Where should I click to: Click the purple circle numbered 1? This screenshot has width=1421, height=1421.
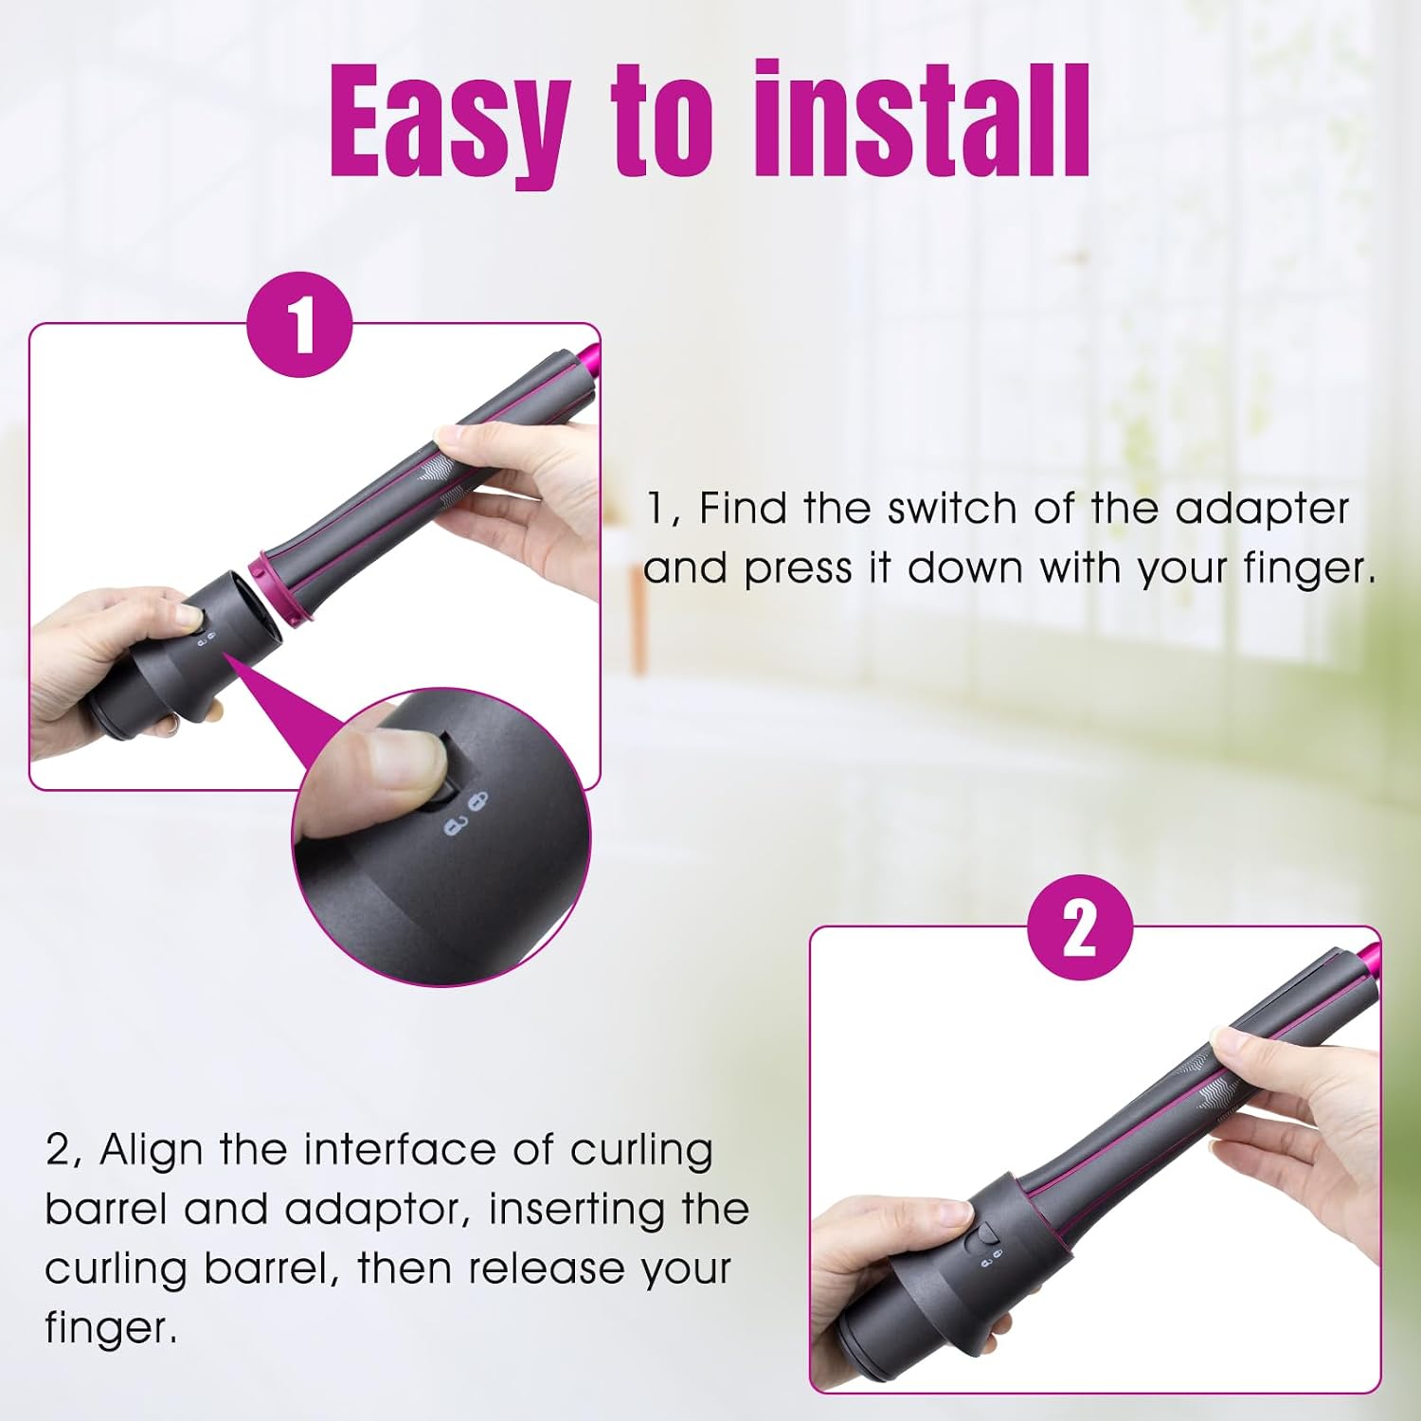[299, 324]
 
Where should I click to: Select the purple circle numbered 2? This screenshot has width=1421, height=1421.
[1080, 927]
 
